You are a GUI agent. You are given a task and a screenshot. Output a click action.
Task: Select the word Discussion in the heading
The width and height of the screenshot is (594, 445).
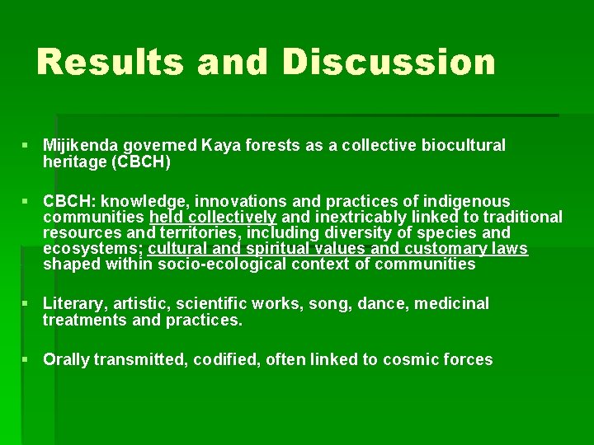[389, 62]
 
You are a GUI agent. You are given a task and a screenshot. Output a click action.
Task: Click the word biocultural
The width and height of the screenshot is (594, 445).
[464, 146]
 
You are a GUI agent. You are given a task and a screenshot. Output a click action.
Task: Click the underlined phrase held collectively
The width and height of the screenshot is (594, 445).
[213, 218]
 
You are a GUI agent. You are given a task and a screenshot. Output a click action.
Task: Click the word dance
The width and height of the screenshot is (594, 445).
[386, 304]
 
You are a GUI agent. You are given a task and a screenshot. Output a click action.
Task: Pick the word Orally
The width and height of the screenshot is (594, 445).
[67, 359]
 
